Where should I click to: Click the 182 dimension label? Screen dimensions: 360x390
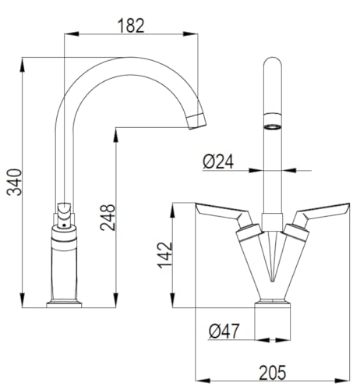[x=131, y=26]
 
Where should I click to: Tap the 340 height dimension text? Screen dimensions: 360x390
[x=14, y=182]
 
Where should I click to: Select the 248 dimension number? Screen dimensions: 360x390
[x=108, y=218]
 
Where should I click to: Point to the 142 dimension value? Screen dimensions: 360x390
[x=164, y=255]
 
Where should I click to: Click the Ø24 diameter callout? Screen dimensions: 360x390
[x=218, y=161]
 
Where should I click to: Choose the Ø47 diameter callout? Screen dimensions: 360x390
[x=224, y=331]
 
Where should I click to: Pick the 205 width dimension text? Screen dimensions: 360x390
[x=273, y=373]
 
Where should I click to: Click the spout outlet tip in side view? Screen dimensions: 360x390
[x=196, y=122]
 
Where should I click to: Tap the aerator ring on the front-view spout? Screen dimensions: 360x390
[x=272, y=127]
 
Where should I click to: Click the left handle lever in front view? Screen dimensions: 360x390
[x=224, y=214]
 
